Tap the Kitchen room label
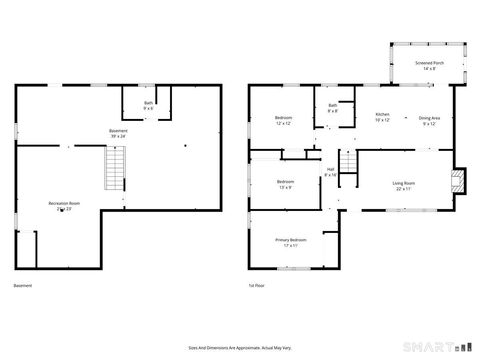point(382,114)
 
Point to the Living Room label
point(403,183)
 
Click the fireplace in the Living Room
point(458,181)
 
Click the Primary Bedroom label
point(291,241)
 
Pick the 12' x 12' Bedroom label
point(283,118)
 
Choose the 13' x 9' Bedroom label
point(284,181)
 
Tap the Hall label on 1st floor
point(331,169)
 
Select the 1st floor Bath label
point(332,105)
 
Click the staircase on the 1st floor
point(348,162)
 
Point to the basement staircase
point(116,167)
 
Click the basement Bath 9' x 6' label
point(148,102)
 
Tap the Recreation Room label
point(64,204)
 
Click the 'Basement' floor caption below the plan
point(23,286)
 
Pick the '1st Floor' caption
point(257,286)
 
